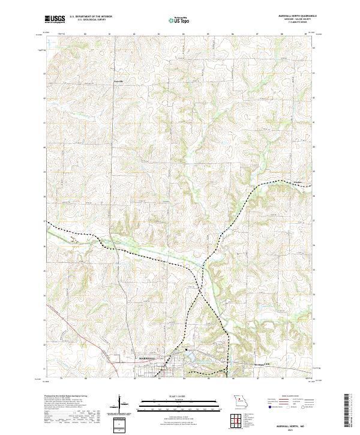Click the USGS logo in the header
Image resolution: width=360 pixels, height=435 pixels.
pos(55,19)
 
